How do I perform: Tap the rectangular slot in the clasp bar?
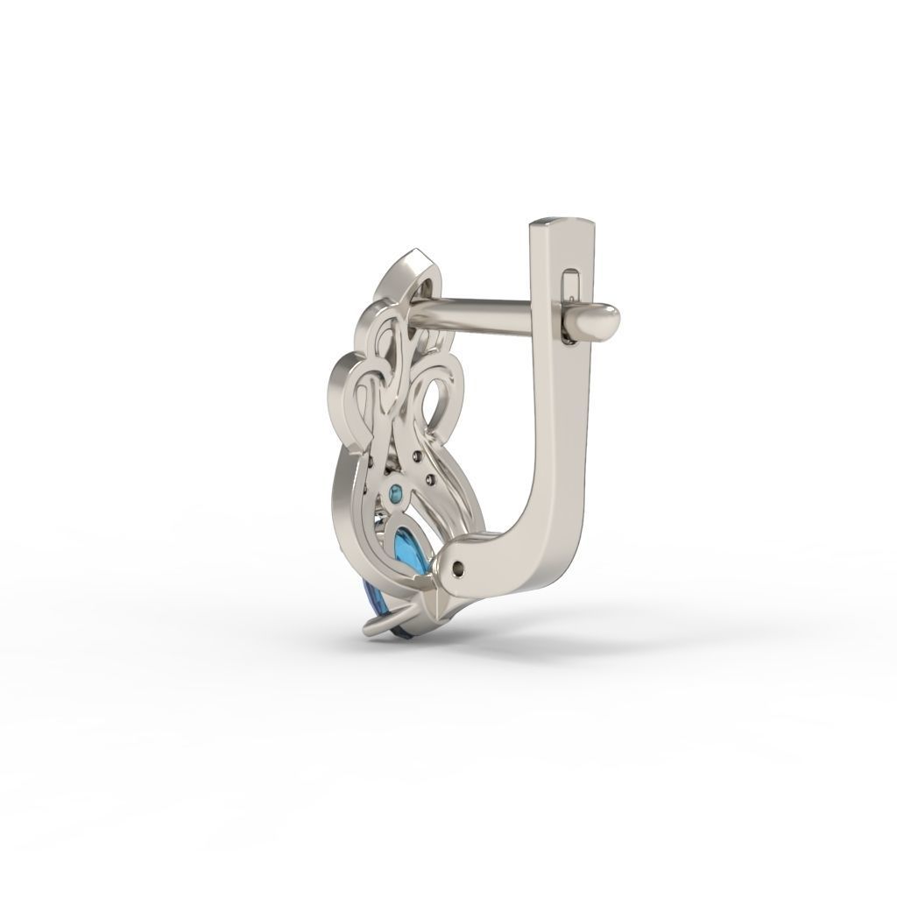[x=571, y=285]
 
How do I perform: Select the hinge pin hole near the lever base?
[x=458, y=569]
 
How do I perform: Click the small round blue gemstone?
[x=395, y=494]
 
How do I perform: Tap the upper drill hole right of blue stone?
[x=417, y=456]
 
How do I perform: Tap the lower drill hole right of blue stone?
[x=431, y=479]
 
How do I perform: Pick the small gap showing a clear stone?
[x=380, y=519]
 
